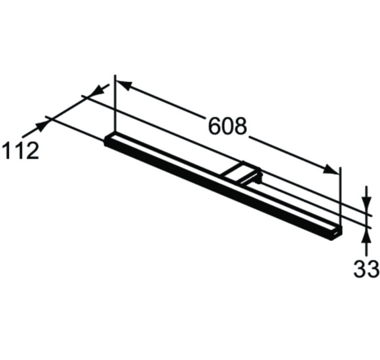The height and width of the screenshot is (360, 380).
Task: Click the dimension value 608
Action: (227, 126)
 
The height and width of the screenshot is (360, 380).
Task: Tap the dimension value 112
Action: (20, 151)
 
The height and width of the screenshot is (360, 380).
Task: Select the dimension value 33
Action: (367, 268)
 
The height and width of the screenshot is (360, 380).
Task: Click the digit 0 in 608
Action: (227, 126)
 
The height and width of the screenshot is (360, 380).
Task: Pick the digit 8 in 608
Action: (240, 126)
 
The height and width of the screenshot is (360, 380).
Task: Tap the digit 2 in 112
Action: (31, 151)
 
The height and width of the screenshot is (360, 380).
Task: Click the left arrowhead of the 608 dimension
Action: (123, 86)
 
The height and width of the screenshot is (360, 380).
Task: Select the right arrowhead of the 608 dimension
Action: (332, 170)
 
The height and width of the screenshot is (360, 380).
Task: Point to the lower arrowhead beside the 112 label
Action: (41, 124)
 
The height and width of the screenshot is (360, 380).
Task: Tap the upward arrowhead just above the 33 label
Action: (367, 234)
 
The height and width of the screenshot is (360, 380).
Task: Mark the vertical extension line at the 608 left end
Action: (115, 105)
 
